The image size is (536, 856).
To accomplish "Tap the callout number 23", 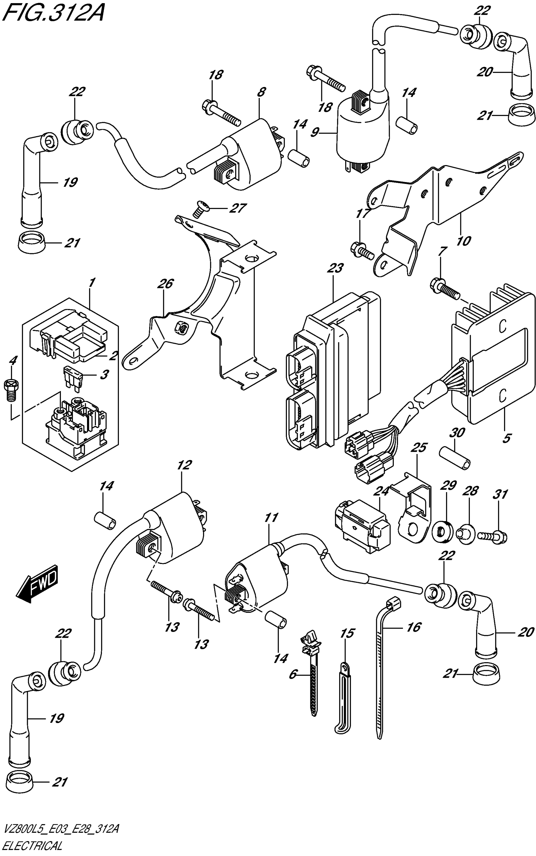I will tap(335, 268).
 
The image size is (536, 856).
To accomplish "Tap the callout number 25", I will tap(419, 447).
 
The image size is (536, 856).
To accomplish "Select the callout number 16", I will tap(413, 627).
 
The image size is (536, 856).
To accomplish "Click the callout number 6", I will tap(293, 674).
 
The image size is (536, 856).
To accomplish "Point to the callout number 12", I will tap(184, 465).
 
